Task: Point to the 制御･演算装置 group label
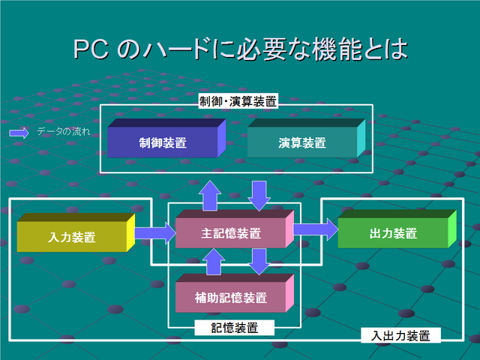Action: point(238,101)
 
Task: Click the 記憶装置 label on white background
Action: point(235,328)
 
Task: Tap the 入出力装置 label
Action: point(400,335)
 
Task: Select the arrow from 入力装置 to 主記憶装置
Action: point(155,233)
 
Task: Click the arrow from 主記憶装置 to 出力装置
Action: point(316,229)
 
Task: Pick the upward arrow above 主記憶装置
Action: point(210,196)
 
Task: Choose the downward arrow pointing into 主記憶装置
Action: point(259,196)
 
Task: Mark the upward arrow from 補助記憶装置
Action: point(214,262)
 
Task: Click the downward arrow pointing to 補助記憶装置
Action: point(259,262)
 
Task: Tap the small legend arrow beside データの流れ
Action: point(19,133)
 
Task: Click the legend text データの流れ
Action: point(64,132)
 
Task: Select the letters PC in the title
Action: point(91,49)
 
